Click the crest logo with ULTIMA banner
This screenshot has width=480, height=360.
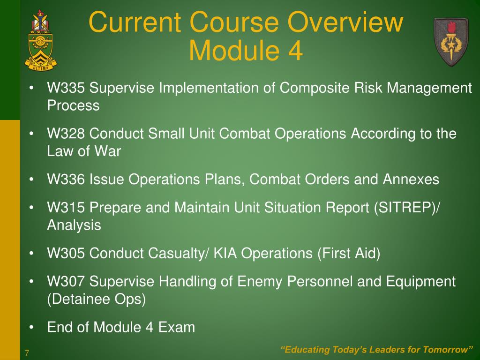41,40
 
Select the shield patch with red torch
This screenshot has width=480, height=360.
450,41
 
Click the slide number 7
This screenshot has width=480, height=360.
27,353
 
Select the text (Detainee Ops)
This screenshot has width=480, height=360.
97,300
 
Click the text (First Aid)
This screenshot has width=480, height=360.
349,254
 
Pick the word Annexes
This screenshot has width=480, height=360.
412,180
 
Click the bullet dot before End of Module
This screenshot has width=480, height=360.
31,327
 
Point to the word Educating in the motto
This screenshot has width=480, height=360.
305,350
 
